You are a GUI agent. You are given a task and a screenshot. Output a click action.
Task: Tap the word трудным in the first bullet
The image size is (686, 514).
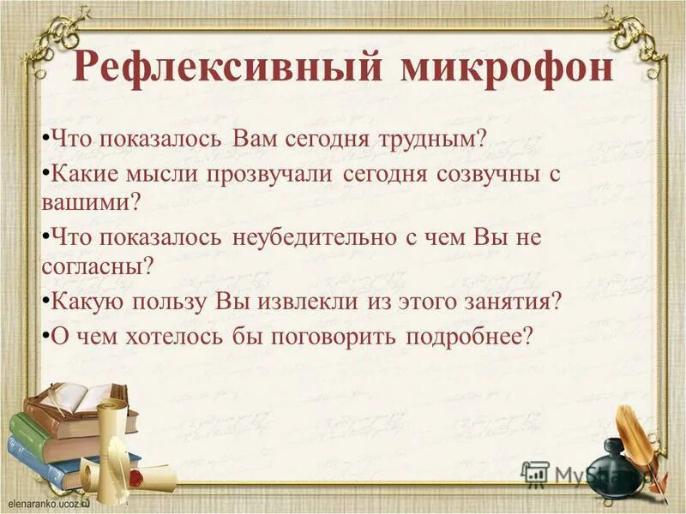click(x=428, y=140)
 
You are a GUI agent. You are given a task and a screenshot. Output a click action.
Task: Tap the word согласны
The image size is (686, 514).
click(x=94, y=266)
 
